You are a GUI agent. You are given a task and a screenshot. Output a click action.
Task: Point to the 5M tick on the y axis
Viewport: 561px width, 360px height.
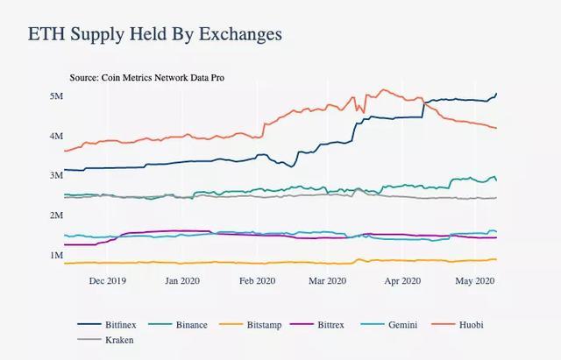[55, 95]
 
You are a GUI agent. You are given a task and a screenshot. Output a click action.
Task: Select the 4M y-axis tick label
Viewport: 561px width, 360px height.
[55, 136]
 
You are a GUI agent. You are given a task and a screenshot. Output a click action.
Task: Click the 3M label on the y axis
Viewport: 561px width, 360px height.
[55, 175]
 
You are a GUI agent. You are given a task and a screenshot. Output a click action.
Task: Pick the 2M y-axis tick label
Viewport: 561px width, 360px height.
[55, 215]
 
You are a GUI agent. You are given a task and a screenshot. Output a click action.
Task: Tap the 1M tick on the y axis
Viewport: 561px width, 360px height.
[55, 255]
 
